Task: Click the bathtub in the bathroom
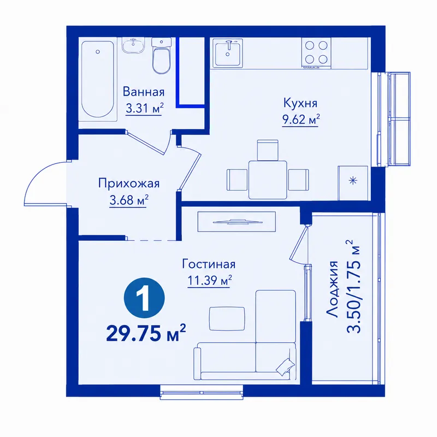click(x=98, y=79)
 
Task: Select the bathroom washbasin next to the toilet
click(x=133, y=45)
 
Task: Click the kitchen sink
click(x=228, y=52)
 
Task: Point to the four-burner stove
click(x=316, y=53)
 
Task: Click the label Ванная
click(x=144, y=92)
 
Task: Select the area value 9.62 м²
click(x=301, y=120)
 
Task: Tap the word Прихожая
click(x=129, y=184)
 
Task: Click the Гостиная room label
click(x=209, y=264)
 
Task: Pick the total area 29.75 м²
click(x=146, y=333)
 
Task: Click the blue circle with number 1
click(x=144, y=298)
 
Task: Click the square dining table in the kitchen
click(x=268, y=180)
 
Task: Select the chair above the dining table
click(x=268, y=150)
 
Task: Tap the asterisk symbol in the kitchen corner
click(x=353, y=181)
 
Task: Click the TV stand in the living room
click(x=237, y=222)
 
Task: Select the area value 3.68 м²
click(x=128, y=200)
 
